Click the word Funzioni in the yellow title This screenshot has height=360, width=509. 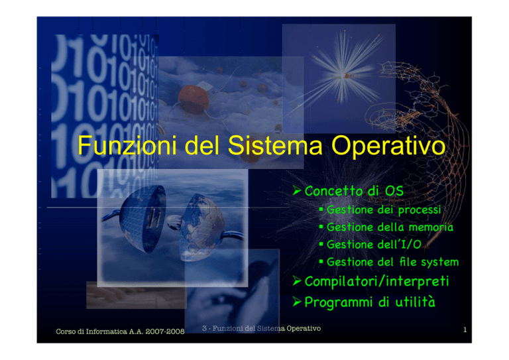coord(127,145)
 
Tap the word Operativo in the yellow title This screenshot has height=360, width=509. coord(388,146)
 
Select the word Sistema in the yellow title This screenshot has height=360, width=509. coord(275,145)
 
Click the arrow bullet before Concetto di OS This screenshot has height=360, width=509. coord(297,190)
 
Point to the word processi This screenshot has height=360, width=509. coord(420,210)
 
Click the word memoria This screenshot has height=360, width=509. coord(431,227)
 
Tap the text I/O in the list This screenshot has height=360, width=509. coord(412,244)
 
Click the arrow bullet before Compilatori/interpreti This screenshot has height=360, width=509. coord(297,280)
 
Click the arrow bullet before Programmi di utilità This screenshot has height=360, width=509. coord(297,302)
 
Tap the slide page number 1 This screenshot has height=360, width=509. coord(465,330)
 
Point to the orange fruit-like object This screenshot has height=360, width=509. coord(194,99)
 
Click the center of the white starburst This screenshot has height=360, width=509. coord(343,77)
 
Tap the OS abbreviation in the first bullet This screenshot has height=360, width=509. coord(394,191)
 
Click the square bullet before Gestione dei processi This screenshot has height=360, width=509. coord(321,210)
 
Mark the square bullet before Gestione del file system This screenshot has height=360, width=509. coord(321,261)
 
